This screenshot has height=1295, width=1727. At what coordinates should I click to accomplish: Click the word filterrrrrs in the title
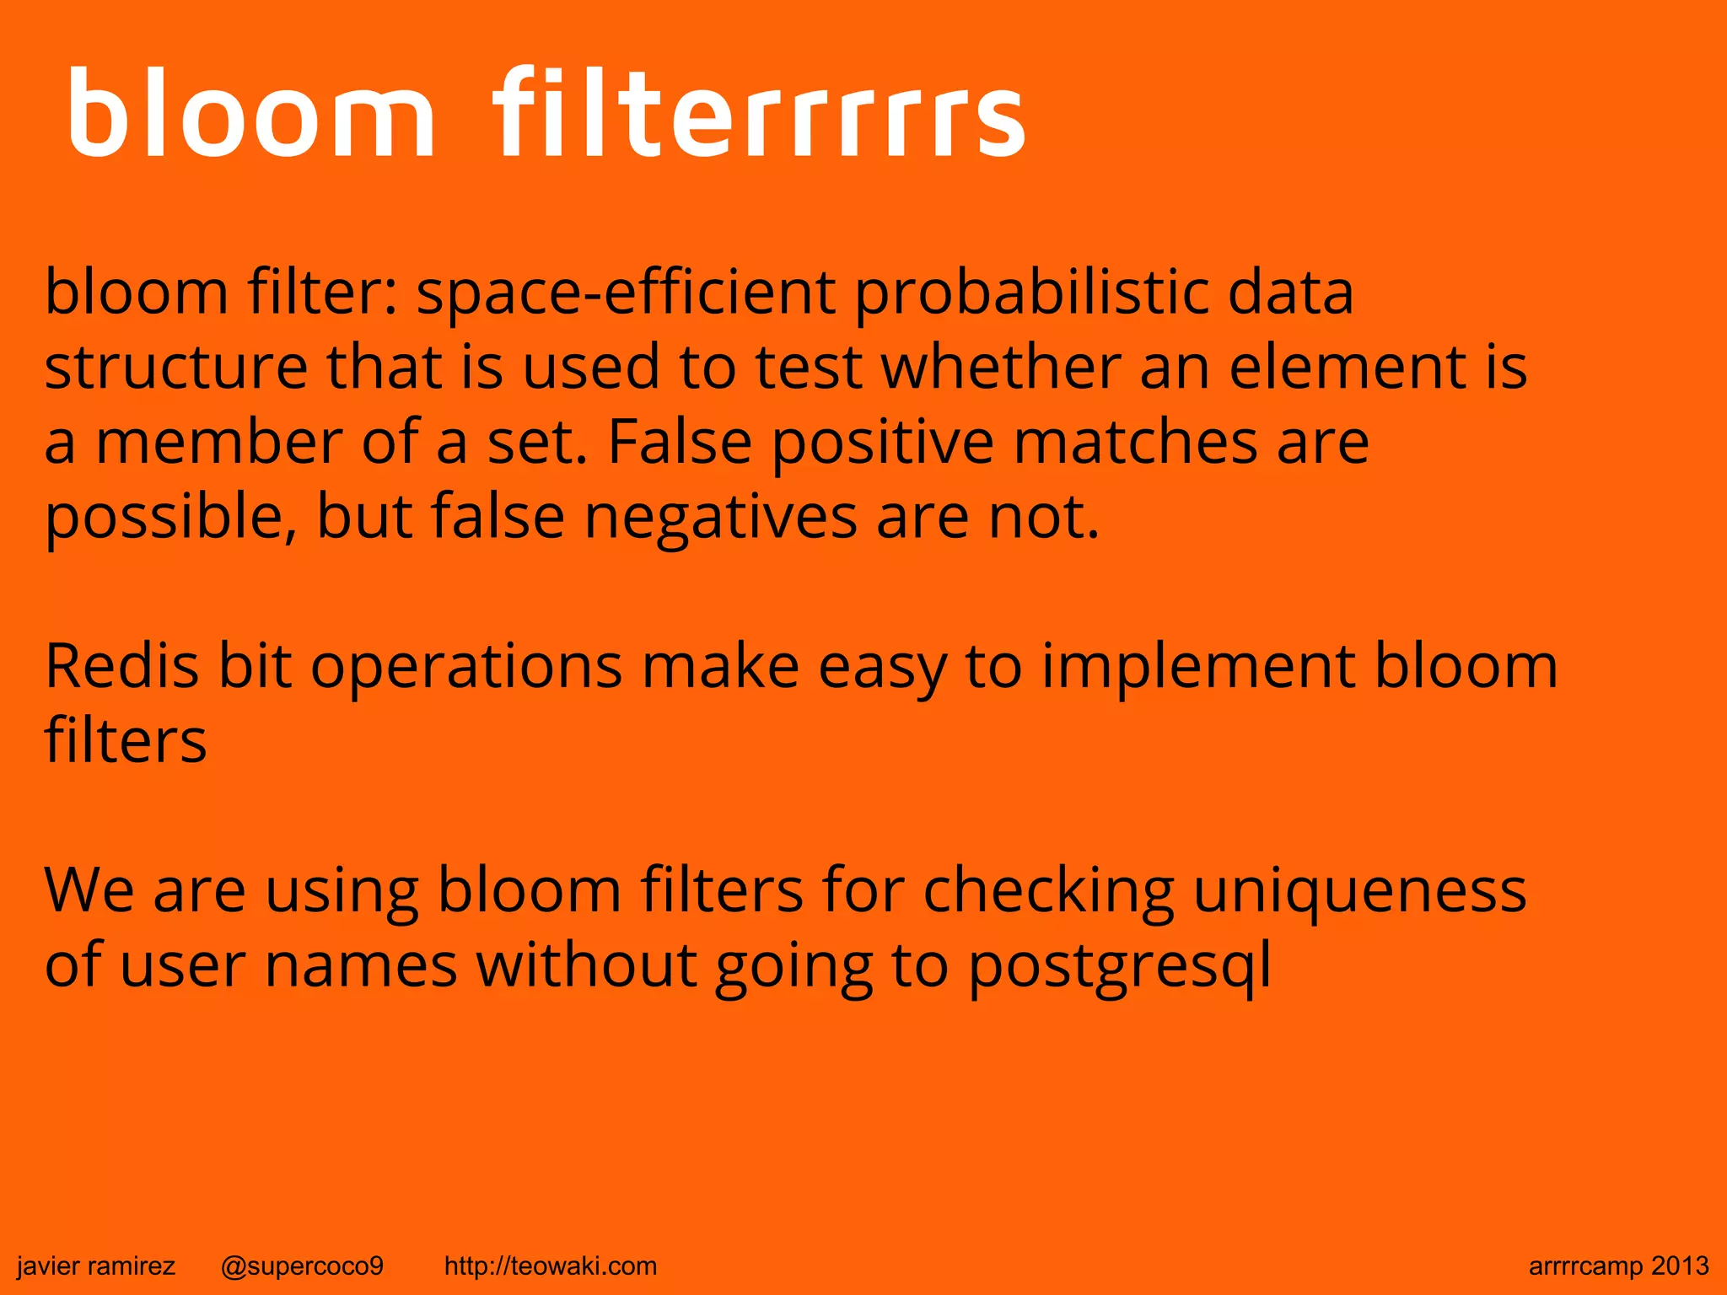759,114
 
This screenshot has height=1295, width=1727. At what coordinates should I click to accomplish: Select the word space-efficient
626,293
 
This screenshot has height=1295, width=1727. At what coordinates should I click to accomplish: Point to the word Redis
121,666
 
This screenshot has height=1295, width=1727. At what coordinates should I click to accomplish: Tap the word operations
466,666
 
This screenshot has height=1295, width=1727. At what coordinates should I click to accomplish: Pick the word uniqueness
1359,890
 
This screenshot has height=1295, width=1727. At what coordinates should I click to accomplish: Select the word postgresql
1119,965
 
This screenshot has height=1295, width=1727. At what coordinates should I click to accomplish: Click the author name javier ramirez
96,1265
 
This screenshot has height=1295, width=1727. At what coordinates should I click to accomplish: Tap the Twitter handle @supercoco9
302,1265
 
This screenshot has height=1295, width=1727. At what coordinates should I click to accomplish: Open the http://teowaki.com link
550,1265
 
